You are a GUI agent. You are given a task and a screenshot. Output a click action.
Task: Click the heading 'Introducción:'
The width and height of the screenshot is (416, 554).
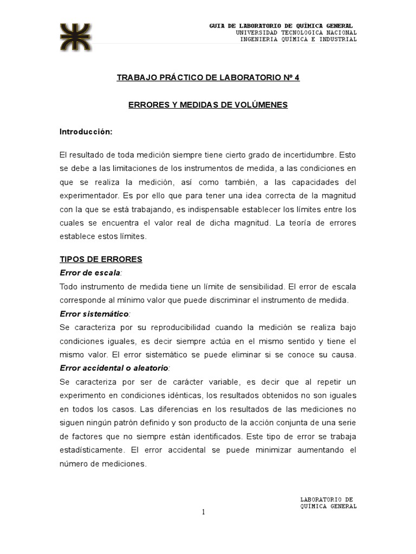[86, 131]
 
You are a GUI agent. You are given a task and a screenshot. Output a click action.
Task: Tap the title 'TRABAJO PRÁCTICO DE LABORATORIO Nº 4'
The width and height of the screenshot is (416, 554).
[208, 77]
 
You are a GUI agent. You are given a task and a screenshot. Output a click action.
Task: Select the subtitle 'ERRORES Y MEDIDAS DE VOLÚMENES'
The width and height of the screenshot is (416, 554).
[208, 104]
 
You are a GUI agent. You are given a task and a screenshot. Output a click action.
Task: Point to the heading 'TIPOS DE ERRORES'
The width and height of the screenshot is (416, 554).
[101, 259]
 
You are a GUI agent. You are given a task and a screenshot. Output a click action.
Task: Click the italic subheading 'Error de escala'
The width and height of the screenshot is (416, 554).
[90, 273]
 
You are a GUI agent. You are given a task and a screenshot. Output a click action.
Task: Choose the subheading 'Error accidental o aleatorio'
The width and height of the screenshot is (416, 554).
[114, 368]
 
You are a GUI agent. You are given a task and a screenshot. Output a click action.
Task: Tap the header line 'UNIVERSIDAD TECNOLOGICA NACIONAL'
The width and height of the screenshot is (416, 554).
[296, 32]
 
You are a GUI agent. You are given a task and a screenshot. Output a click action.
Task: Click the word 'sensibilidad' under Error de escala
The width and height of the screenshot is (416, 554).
[256, 286]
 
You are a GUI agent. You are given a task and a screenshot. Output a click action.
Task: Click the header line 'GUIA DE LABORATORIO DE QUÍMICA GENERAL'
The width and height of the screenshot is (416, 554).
[281, 26]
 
